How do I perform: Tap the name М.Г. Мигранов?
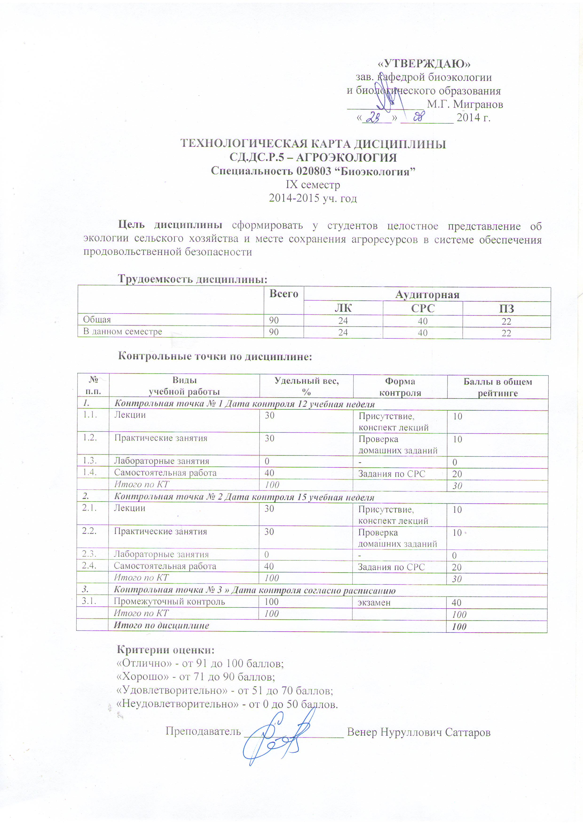pos(465,104)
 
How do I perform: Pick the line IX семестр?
pos(313,185)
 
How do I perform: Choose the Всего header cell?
pos(284,294)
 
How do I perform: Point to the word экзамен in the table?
pos(374,603)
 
